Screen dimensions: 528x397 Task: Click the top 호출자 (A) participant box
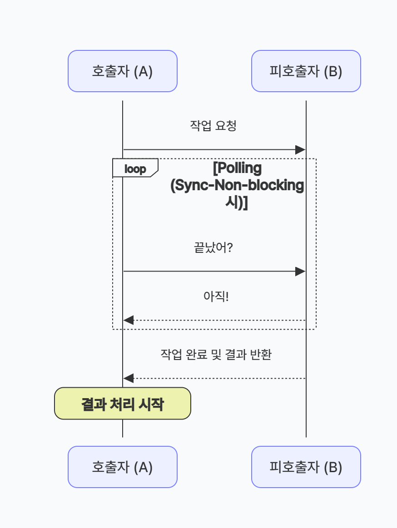click(122, 71)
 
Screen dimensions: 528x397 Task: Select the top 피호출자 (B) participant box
click(306, 71)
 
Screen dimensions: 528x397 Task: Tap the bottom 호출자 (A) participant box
click(122, 467)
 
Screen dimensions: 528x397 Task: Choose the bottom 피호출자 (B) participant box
click(306, 467)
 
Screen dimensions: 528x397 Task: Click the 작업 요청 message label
click(213, 126)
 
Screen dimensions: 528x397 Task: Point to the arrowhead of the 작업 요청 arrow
click(300, 149)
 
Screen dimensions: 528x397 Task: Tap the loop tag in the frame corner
click(135, 169)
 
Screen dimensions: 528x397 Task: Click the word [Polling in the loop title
click(238, 168)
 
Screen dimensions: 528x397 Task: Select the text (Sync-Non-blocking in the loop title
click(237, 186)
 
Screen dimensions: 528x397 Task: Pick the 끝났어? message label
click(213, 248)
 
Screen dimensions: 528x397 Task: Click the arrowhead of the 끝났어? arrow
click(300, 271)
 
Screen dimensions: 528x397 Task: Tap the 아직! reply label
click(215, 297)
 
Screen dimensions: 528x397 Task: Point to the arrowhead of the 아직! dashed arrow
click(129, 320)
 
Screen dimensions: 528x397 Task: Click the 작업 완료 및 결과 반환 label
click(216, 355)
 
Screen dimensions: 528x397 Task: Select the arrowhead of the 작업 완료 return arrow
click(129, 378)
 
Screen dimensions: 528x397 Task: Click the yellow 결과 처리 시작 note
click(122, 403)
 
